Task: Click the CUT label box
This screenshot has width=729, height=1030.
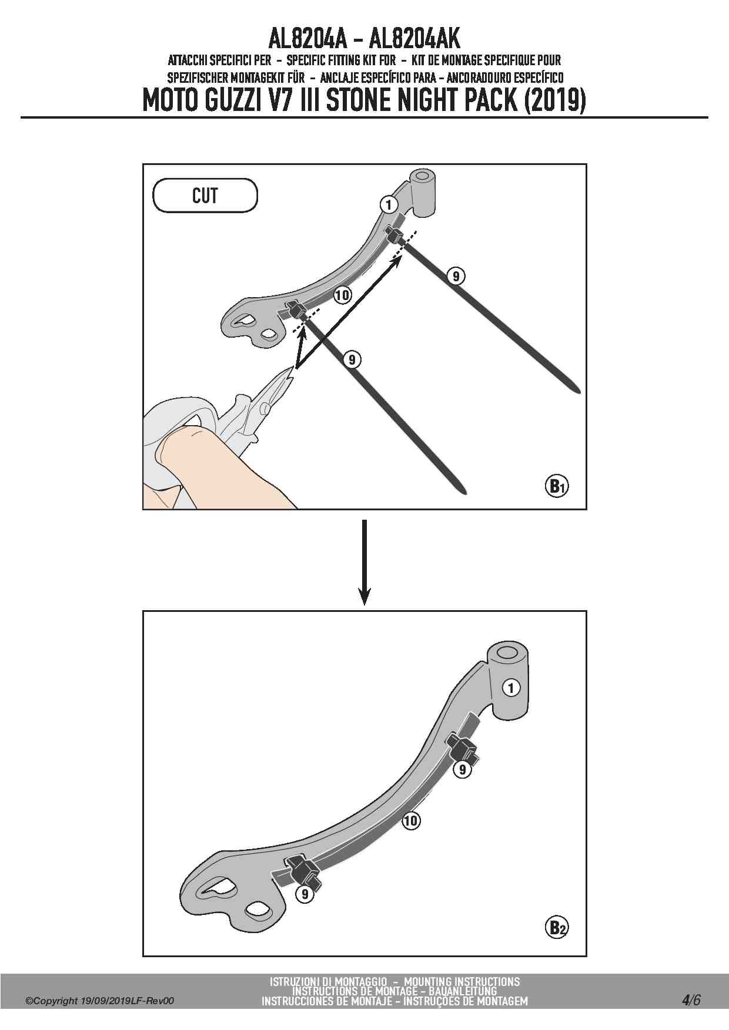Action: coord(205,196)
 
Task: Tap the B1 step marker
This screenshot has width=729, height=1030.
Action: coord(557,486)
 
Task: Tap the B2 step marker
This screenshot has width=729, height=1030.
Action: coord(557,928)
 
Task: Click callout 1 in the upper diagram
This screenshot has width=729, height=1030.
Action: coord(389,205)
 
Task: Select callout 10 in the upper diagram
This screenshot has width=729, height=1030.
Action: coord(342,295)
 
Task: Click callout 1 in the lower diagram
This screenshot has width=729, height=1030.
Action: coord(511,688)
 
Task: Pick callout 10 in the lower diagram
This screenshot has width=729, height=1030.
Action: coord(411,820)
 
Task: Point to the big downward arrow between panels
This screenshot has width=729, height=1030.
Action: coord(364,562)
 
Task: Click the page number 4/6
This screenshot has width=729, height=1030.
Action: coord(691,999)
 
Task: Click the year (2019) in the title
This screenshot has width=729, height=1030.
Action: coord(554,100)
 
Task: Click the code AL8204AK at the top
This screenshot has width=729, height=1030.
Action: coord(414,39)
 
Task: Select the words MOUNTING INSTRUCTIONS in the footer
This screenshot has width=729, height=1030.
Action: coord(462,981)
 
